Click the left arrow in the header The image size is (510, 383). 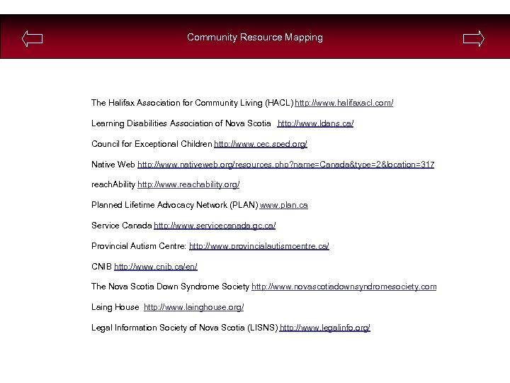tap(33, 38)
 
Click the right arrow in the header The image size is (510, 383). tap(473, 38)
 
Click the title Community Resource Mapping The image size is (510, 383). tap(255, 37)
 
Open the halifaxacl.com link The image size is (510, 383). tap(344, 103)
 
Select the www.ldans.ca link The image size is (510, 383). tap(315, 123)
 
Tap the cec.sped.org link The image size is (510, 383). tap(261, 144)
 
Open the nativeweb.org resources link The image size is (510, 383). tap(285, 165)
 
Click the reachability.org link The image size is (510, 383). tap(188, 184)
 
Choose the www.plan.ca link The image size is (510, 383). tap(284, 205)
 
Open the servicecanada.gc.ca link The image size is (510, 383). tap(215, 226)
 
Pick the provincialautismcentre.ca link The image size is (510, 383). tap(259, 246)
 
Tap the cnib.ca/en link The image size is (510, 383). tap(156, 267)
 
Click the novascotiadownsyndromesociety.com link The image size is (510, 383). tap(344, 287)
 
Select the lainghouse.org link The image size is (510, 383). tap(194, 307)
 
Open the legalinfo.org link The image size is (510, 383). tap(325, 328)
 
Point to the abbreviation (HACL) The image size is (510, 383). tap(279, 103)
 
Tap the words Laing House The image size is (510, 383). tap(115, 307)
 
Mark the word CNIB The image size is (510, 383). tap(101, 267)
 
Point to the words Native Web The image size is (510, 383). tap(113, 165)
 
